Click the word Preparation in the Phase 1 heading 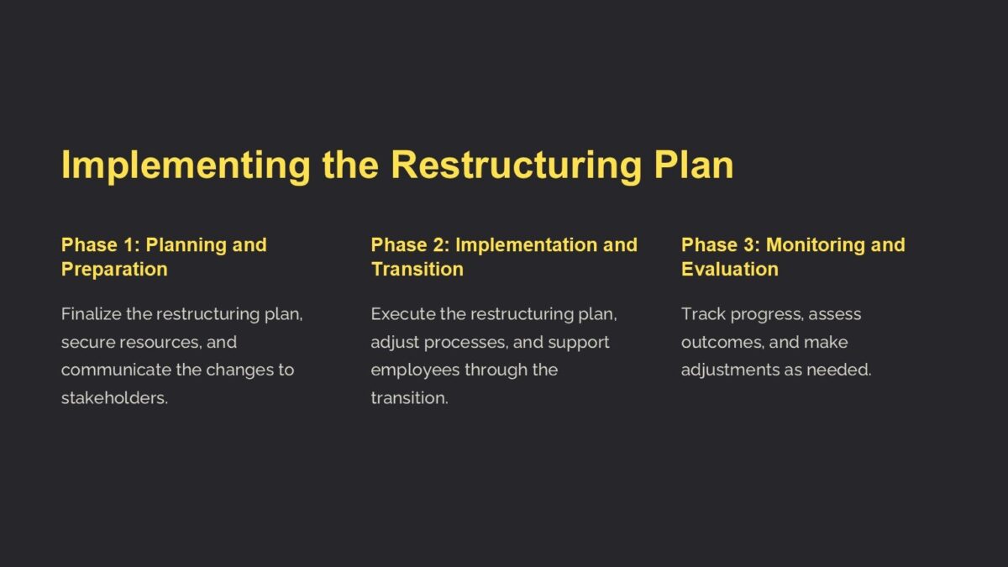114,270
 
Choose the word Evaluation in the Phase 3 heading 730,270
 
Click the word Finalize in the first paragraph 91,314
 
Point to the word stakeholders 114,398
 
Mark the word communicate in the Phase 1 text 116,370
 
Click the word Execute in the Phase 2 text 403,314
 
